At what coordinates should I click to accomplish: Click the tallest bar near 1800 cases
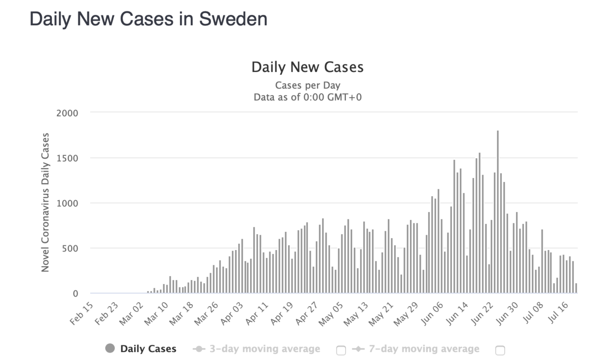[498, 212]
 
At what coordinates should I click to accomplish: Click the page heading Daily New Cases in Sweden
[148, 19]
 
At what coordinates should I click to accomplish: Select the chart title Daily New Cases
[307, 67]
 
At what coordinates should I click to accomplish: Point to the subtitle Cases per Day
[307, 85]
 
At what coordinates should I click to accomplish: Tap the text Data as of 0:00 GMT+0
[307, 97]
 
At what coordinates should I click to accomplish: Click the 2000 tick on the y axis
[68, 113]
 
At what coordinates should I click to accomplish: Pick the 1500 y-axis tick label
[68, 158]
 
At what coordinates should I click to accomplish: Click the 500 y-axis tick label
[70, 249]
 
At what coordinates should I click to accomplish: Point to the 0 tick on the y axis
[75, 294]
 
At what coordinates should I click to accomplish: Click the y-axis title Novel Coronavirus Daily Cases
[45, 202]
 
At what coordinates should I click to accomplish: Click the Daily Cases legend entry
[148, 349]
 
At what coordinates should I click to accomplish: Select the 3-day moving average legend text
[264, 349]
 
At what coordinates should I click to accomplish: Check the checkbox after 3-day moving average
[341, 350]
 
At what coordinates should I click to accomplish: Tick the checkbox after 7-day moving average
[500, 350]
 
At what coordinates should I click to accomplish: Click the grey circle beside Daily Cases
[110, 349]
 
